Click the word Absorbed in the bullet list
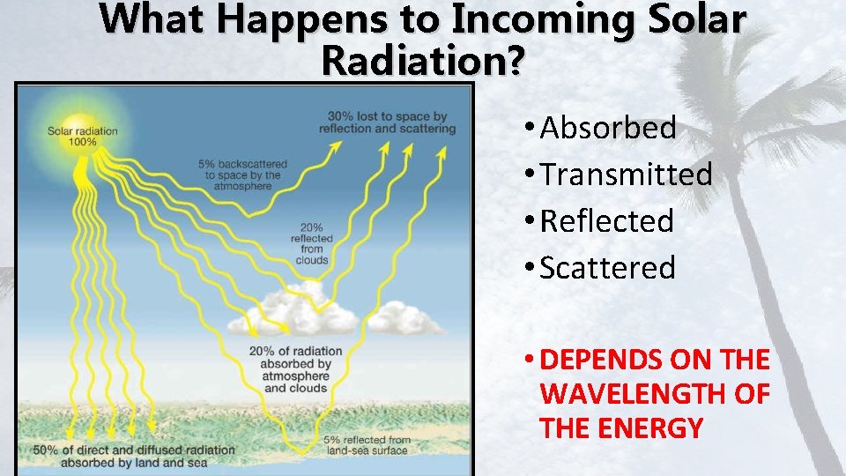[608, 128]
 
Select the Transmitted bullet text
[626, 175]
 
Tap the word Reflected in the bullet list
[606, 221]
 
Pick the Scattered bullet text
[607, 268]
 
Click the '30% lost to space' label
[387, 123]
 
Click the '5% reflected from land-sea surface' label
[367, 445]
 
